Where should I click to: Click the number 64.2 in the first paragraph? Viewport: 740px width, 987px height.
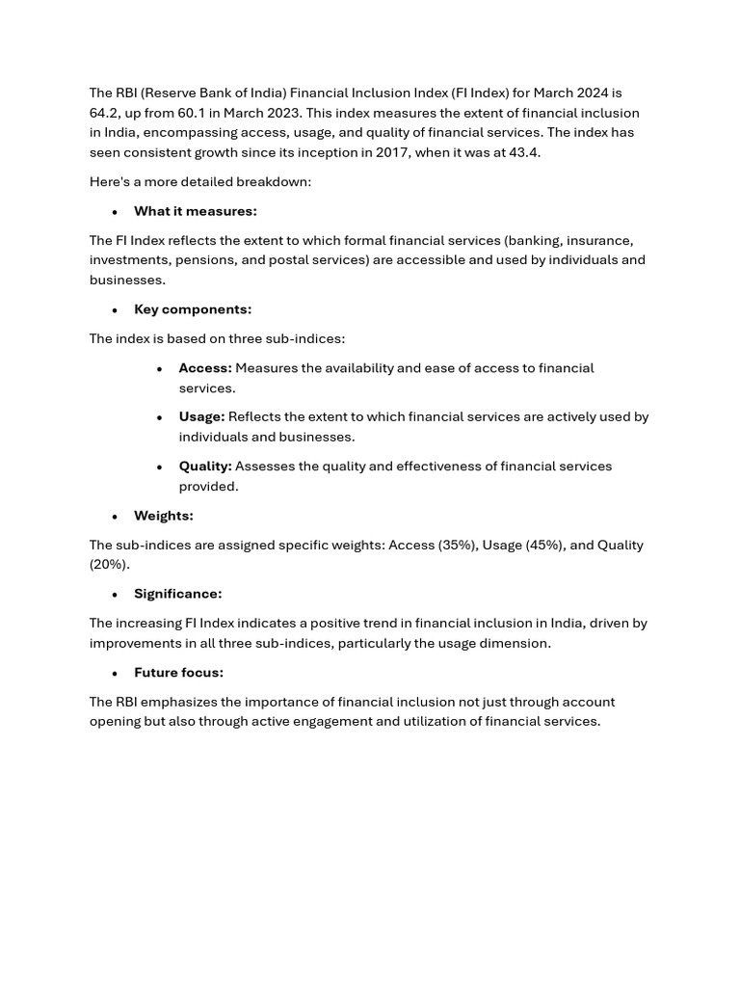point(103,113)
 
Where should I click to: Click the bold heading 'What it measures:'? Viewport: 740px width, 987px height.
point(195,211)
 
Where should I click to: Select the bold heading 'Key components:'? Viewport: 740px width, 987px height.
point(193,309)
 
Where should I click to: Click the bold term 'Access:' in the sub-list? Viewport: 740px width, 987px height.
point(205,368)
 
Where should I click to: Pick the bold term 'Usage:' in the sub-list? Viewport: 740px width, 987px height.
point(201,416)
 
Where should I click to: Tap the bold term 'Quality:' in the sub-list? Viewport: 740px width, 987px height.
point(205,467)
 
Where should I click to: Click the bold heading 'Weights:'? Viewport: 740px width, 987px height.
point(164,516)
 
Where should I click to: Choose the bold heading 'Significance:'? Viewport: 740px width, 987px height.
point(177,594)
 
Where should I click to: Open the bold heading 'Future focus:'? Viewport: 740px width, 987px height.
point(178,673)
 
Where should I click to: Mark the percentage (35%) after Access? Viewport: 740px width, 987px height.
point(458,546)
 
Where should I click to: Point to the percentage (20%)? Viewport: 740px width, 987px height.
point(109,565)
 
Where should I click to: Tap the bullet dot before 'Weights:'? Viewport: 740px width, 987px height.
point(115,517)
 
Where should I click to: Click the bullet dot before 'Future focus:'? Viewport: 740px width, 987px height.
point(115,674)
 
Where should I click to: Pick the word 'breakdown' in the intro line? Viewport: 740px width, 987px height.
point(276,182)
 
